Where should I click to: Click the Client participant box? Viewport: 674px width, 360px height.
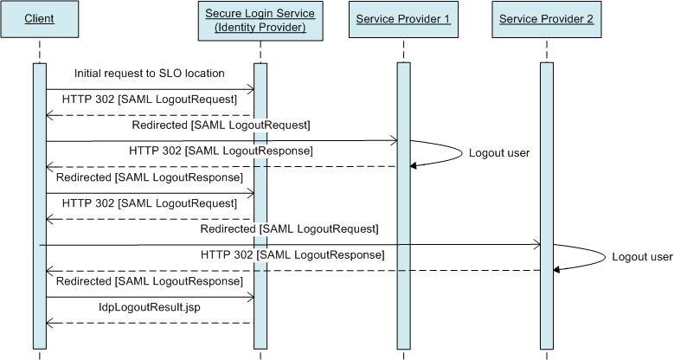[x=39, y=18]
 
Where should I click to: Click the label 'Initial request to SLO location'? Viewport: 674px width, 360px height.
[x=149, y=74]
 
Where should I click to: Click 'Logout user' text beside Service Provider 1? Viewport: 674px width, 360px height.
[x=498, y=153]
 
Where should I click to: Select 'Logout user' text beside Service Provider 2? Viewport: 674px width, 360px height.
[x=642, y=257]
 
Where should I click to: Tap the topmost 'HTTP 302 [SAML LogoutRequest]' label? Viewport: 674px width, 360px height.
[x=149, y=100]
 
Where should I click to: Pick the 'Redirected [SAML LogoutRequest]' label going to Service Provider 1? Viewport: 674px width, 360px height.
[x=221, y=125]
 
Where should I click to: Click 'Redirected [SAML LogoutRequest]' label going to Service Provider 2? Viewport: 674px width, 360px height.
[x=289, y=229]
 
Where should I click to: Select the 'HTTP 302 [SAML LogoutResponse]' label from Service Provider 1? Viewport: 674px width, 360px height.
[x=221, y=151]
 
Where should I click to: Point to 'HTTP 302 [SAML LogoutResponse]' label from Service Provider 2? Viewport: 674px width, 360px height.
[x=292, y=255]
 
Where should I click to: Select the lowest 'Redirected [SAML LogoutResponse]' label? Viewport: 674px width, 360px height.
[x=149, y=281]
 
